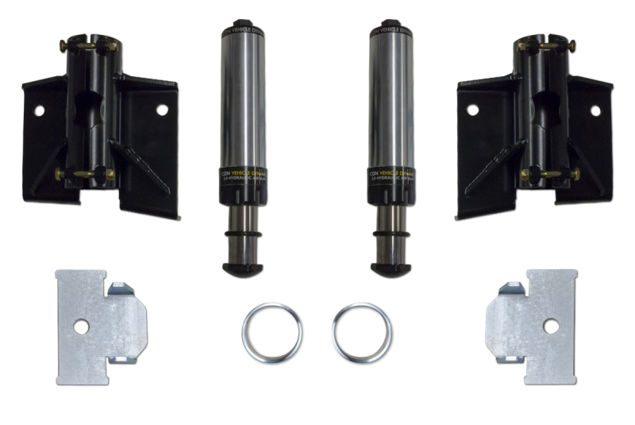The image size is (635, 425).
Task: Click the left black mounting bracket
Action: [99, 127]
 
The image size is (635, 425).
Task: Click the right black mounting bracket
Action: [536, 127]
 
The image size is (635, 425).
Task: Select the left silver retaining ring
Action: [272, 331]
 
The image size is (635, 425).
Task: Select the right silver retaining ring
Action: [362, 331]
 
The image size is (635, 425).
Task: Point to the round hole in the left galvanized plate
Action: [81, 326]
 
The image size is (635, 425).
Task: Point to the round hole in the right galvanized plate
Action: [550, 326]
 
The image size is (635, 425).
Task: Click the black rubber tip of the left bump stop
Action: [242, 269]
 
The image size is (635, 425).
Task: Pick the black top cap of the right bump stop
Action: [389, 26]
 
